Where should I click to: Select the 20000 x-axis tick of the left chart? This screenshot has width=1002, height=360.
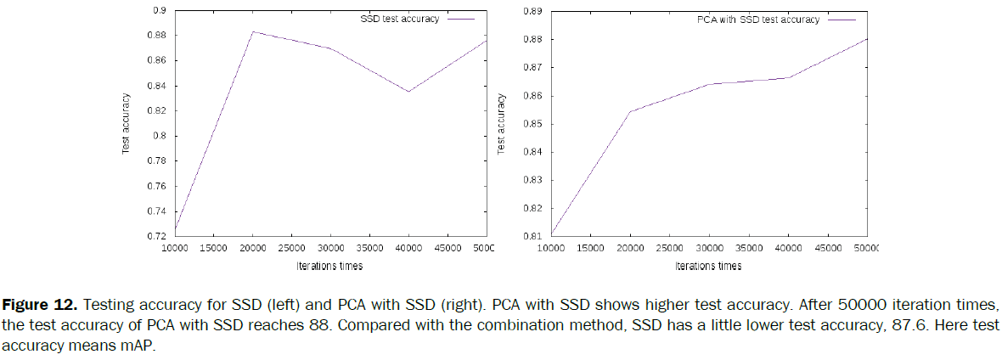click(x=251, y=247)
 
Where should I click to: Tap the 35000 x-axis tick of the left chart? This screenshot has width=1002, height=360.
click(x=369, y=247)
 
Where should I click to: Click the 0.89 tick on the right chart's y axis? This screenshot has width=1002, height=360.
click(x=532, y=11)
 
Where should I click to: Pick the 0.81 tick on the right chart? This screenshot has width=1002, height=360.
click(x=532, y=236)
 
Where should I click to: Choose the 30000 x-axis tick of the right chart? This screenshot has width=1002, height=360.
click(x=709, y=247)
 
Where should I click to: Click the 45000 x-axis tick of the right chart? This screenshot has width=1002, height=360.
click(x=827, y=247)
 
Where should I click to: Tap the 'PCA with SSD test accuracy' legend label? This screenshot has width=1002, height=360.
click(x=753, y=19)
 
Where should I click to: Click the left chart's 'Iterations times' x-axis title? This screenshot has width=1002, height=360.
click(x=330, y=266)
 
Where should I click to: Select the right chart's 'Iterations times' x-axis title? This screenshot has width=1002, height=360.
click(x=708, y=266)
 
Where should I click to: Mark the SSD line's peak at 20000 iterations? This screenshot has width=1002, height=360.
click(x=253, y=31)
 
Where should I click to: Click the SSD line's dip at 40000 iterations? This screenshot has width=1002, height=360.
click(x=408, y=92)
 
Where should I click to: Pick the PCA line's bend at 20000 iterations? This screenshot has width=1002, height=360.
click(x=630, y=111)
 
